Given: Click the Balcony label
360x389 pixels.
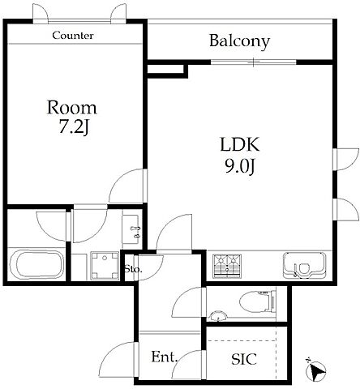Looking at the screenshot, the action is click(239, 41).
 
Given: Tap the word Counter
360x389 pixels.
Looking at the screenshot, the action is click(73, 36).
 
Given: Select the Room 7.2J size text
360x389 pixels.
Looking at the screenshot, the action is click(74, 127).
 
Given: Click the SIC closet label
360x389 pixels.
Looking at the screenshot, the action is click(244, 359).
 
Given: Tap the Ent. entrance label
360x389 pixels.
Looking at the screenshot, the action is click(165, 357).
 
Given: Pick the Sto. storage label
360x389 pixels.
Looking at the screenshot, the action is click(133, 269).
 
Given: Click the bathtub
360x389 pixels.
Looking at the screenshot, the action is click(36, 264).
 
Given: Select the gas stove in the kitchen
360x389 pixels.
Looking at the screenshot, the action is click(227, 266).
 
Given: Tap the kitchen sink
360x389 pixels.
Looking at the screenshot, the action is click(304, 265).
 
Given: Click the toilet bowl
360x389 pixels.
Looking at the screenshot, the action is click(257, 301).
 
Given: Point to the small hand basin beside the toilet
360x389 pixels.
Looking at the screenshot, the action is click(217, 316).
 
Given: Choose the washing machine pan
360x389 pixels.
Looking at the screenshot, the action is click(105, 266).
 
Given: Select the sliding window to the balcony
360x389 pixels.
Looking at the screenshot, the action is click(254, 62).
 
